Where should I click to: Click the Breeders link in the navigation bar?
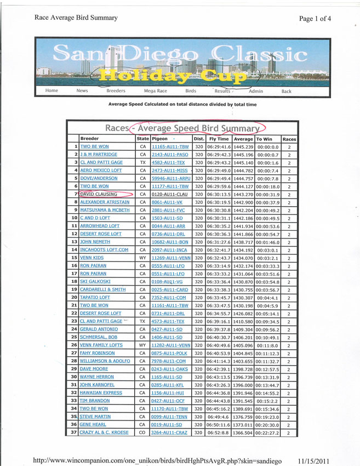[116, 91]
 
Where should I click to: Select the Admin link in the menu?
[256, 91]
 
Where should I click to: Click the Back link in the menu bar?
[287, 91]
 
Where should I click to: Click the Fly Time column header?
[218, 139]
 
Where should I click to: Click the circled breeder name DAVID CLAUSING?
[99, 194]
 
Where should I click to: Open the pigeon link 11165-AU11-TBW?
[169, 147]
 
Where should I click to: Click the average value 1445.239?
[243, 147]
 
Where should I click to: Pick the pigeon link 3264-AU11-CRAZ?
[170, 433]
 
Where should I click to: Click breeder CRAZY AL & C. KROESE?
[105, 433]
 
